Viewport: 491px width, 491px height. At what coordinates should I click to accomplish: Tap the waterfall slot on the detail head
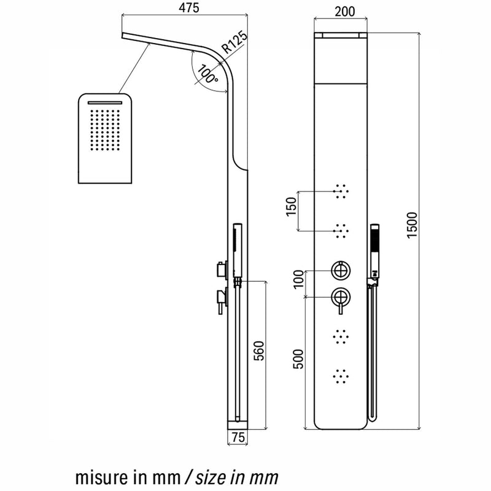click(x=106, y=102)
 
